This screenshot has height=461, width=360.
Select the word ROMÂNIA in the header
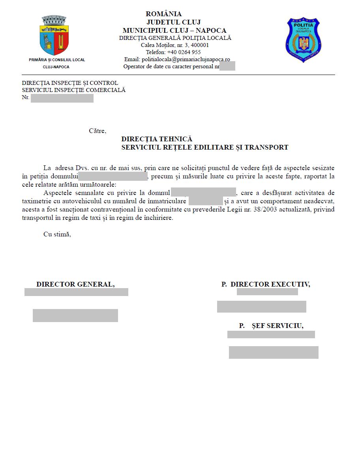click(164, 14)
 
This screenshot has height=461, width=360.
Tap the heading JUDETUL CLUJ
click(173, 22)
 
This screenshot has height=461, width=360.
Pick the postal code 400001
click(200, 45)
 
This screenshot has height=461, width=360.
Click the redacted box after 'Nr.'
click(62, 98)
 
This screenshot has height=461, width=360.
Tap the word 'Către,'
click(97, 131)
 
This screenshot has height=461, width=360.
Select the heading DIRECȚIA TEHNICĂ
click(157, 139)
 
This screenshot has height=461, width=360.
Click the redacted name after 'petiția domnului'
click(113, 176)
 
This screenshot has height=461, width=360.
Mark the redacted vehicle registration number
click(206, 201)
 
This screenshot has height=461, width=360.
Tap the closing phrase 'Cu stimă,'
click(57, 234)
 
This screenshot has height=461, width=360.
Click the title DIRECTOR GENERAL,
click(75, 284)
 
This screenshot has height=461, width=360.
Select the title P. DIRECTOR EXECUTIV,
click(266, 284)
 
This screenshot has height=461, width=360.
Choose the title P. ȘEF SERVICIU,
click(271, 326)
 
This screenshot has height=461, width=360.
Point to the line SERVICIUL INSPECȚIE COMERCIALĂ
click(74, 90)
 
